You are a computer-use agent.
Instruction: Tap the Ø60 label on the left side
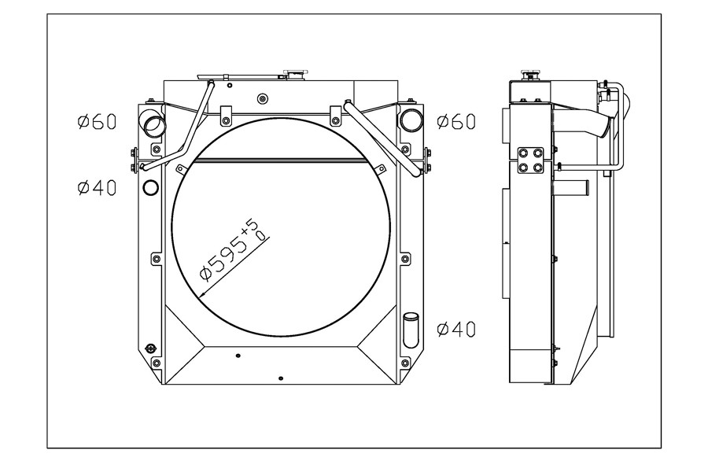pos(97,122)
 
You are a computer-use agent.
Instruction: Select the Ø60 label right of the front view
pos(456,121)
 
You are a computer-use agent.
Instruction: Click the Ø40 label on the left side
pos(97,187)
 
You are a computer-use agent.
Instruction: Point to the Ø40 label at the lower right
pos(456,330)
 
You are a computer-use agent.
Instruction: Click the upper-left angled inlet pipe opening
pos(153,124)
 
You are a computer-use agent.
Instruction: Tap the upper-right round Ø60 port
pos(411,120)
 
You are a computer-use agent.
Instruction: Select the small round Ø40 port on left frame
pos(150,186)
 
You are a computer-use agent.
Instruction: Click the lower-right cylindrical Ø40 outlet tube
pos(411,330)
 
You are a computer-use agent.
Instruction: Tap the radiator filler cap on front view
pos(295,74)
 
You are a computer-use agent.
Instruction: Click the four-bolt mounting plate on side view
pos(530,160)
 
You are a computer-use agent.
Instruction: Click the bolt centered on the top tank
pos(262,99)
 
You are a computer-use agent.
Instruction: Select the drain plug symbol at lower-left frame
pos(149,348)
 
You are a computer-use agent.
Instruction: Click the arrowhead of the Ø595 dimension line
pos(202,294)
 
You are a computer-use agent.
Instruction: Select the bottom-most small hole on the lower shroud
pos(280,378)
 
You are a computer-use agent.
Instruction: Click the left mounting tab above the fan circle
pos(225,115)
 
